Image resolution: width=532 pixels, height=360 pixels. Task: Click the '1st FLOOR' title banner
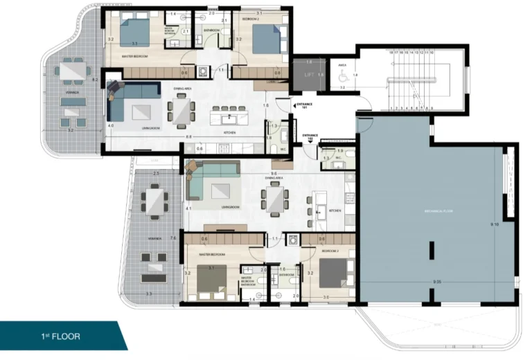coord(60,336)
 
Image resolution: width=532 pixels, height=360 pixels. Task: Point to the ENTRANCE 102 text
coord(310,137)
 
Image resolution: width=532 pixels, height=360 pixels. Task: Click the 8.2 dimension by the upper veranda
coord(96,80)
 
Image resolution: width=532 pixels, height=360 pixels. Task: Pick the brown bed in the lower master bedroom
coord(211,280)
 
